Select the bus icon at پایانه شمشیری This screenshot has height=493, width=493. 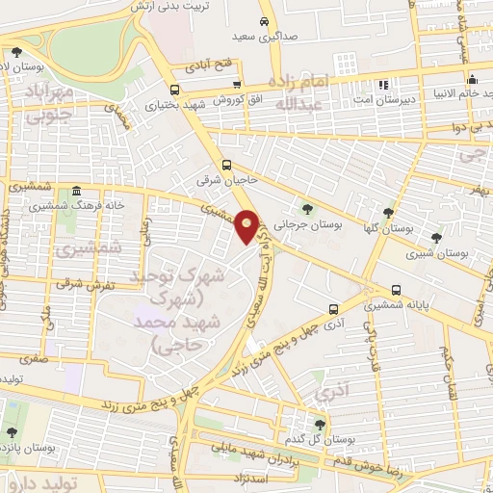(397, 291)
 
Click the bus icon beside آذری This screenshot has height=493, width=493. (332, 309)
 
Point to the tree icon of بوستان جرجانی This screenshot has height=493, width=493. (306, 207)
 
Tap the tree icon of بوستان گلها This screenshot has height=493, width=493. (388, 213)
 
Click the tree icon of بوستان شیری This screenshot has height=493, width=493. (436, 237)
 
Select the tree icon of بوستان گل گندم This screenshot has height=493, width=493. (320, 425)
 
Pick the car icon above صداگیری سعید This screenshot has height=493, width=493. (264, 21)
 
